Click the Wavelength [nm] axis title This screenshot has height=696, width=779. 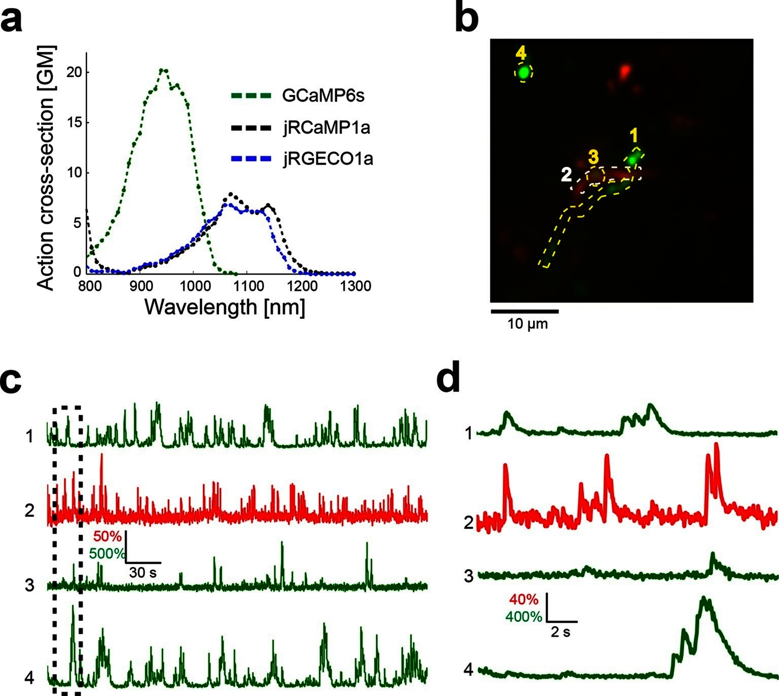[225, 307]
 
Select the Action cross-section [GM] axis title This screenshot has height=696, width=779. [46, 168]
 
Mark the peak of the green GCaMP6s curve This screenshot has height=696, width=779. [163, 70]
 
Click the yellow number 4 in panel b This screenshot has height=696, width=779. [521, 53]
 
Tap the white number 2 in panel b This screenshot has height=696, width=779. [566, 175]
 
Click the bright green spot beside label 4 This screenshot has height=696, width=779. [524, 73]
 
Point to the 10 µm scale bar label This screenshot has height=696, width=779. [527, 323]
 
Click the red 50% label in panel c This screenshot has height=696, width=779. [108, 536]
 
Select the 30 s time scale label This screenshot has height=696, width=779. [143, 573]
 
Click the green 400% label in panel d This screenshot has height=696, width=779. [524, 617]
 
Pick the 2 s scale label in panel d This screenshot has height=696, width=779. [561, 632]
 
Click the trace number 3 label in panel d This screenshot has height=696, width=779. [469, 576]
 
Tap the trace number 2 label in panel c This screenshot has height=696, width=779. [30, 510]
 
